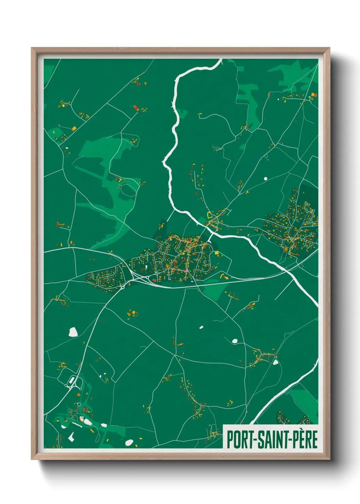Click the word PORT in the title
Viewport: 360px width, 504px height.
click(x=239, y=439)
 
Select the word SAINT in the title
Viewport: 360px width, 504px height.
click(x=271, y=439)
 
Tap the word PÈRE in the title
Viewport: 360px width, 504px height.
click(x=306, y=439)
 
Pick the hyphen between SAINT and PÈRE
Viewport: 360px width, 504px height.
click(x=290, y=440)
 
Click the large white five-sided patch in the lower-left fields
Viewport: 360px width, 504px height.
click(x=73, y=332)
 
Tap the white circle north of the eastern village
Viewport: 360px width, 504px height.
click(x=265, y=178)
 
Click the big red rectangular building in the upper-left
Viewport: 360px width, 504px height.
click(x=136, y=108)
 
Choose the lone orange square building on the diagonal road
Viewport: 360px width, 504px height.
click(x=74, y=128)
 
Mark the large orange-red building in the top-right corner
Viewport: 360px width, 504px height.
click(x=314, y=95)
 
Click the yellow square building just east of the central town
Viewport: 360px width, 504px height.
click(x=216, y=253)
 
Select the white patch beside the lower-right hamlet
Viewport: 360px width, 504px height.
click(x=275, y=362)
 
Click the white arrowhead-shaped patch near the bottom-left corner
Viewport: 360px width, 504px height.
click(x=71, y=437)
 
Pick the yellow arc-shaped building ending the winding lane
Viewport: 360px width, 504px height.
click(x=200, y=114)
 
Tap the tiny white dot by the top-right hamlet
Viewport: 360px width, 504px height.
click(x=279, y=99)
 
